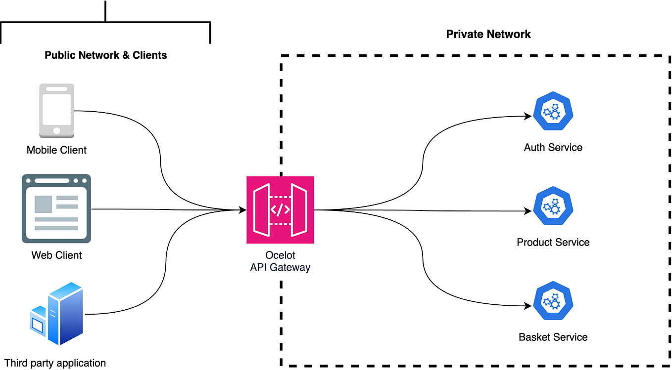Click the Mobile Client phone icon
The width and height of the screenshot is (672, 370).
point(57,110)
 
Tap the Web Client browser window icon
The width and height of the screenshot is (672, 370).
point(56,208)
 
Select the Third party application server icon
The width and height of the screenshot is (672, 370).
point(57,314)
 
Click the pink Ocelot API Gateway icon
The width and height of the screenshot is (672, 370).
point(280,209)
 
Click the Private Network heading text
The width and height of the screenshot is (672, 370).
point(488,34)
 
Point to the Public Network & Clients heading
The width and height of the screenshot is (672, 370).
point(106,55)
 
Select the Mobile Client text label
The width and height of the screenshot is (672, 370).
point(56,150)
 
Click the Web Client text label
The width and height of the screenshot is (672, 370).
point(56,255)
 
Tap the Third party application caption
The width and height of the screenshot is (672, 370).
point(55,363)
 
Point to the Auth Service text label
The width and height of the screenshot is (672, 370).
point(553,147)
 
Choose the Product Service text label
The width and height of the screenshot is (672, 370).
point(553,242)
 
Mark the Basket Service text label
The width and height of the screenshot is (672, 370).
point(553,337)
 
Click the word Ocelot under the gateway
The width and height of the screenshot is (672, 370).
point(280,256)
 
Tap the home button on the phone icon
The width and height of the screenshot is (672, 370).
point(57,131)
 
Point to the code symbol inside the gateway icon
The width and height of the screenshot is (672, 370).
point(280,209)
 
